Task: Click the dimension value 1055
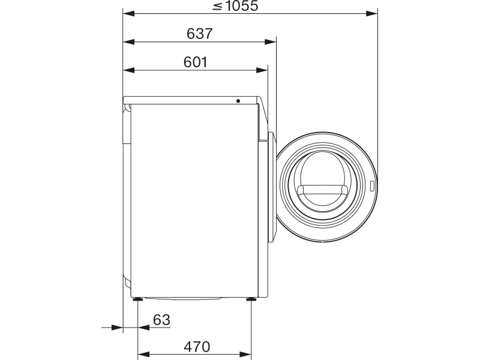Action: point(242,6)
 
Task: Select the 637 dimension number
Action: point(200,34)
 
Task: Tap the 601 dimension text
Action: point(196,62)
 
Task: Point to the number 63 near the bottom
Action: point(161,320)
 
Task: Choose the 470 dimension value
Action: point(197,347)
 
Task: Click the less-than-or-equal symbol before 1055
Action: point(217,7)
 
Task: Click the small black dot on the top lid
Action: point(238,101)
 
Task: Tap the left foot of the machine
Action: point(137,299)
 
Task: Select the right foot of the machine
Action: point(251,299)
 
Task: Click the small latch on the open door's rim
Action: point(372,186)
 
